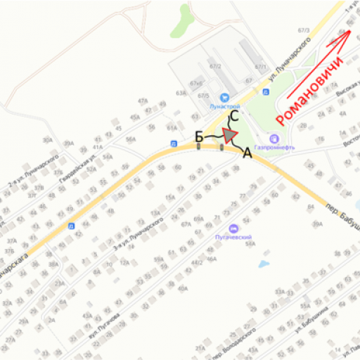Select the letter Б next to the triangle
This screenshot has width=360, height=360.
coord(198,137)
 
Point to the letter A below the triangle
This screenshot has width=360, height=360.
coord(248,154)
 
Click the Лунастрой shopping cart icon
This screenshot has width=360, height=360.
coord(225,97)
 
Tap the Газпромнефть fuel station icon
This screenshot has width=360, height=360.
coord(274,137)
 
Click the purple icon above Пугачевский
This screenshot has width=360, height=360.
coord(234,227)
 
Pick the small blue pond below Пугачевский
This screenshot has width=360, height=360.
coord(263,262)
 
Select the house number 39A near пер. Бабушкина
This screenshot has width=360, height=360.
coord(317,224)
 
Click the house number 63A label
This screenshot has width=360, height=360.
coord(181,93)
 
